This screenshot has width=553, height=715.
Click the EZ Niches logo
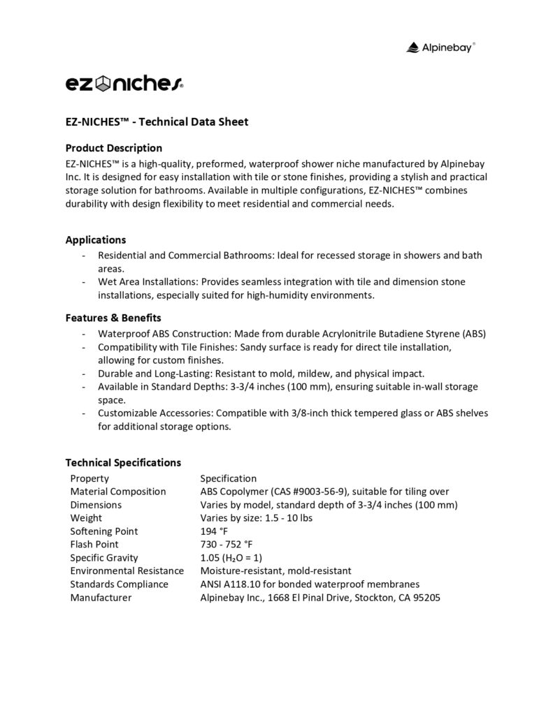pos(124,84)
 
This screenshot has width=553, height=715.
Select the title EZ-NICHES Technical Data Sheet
pos(157,121)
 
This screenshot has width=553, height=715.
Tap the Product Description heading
pos(113,148)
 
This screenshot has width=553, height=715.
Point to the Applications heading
pos(96,239)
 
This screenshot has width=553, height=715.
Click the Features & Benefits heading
pos(113,318)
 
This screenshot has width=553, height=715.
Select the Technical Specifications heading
pos(123,462)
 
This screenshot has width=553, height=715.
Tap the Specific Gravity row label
pos(104,558)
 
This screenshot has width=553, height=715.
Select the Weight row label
pos(86,518)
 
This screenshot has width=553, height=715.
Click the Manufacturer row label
pos(101,598)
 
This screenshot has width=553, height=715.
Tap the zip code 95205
pos(426,598)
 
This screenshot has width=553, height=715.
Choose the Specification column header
pos(229,478)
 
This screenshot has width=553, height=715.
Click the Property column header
pos(89,478)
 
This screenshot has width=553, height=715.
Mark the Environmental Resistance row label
pos(127,571)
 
